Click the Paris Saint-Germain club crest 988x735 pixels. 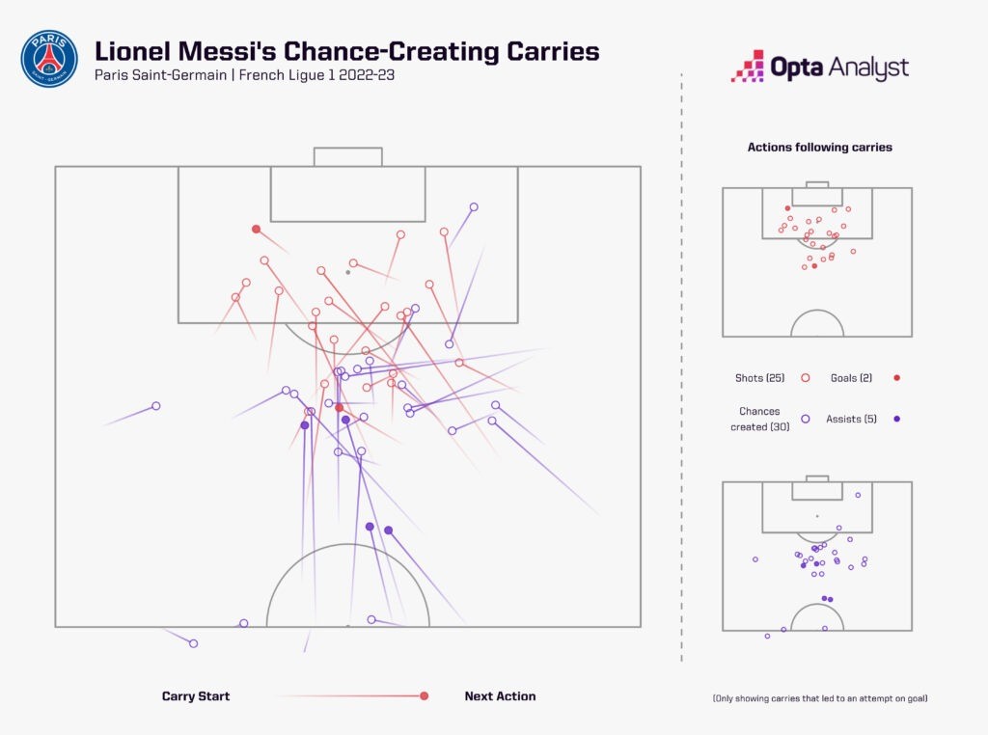click(49, 58)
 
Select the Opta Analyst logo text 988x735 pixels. click(838, 68)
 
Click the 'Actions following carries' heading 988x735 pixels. click(819, 148)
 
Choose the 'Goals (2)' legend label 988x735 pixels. click(852, 378)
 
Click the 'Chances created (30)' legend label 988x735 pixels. click(760, 419)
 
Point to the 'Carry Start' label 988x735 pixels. click(196, 696)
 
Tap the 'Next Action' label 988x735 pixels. click(500, 696)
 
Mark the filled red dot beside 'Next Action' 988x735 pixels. click(424, 696)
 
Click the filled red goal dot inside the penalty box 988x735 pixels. click(256, 229)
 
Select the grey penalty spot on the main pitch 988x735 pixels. click(347, 272)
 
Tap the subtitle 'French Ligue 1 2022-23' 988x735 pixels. click(314, 75)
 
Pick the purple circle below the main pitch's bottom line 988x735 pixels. click(193, 643)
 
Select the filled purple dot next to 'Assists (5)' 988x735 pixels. click(897, 419)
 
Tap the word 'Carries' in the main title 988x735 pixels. click(546, 51)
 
